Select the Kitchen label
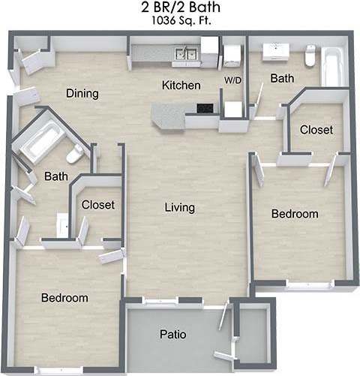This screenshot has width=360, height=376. pos(181,86)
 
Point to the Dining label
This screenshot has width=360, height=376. pos(82,94)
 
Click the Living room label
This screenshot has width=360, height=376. pos(180,207)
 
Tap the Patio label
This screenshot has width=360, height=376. pos(173,334)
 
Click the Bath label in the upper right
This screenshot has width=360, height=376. pos(283,78)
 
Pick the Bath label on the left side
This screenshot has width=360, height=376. pos(55,177)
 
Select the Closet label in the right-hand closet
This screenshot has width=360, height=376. pos(316,130)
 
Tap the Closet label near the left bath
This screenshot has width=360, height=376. pos(97,205)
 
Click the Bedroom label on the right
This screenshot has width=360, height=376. pos(295,214)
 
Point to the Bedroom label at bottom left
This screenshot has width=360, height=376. pos(64,298)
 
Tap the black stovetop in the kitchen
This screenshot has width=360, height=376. pos(204,108)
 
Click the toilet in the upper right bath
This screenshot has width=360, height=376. pos(310,55)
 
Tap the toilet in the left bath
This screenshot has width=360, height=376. pos(74,155)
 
